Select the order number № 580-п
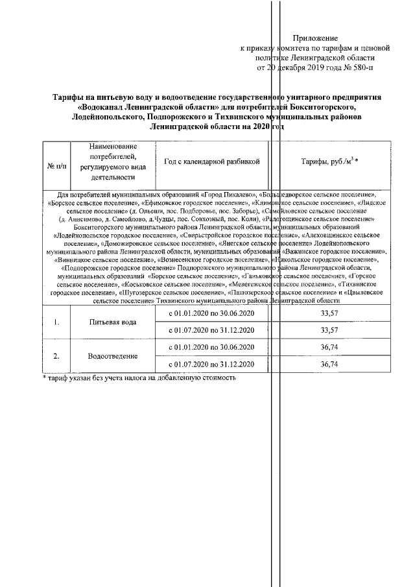(356, 66)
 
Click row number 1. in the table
(56, 322)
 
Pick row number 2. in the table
(56, 356)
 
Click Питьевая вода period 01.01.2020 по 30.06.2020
(211, 314)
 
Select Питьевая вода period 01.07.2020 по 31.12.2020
(211, 331)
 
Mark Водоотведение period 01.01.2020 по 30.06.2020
(211, 348)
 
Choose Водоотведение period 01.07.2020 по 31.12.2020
(211, 365)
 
